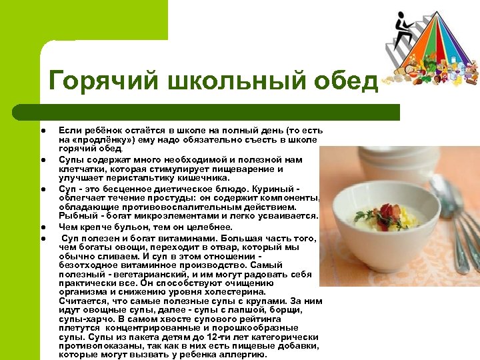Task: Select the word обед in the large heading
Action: (x=346, y=82)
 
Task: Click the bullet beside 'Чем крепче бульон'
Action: (x=41, y=226)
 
